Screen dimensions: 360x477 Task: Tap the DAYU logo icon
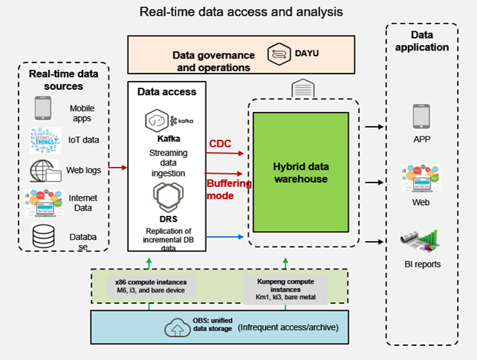281,53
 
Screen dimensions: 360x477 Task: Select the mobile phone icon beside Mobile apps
43,108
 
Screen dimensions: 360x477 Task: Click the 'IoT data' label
84,139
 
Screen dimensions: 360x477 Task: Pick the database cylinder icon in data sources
43,238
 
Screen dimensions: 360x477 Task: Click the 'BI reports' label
421,264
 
